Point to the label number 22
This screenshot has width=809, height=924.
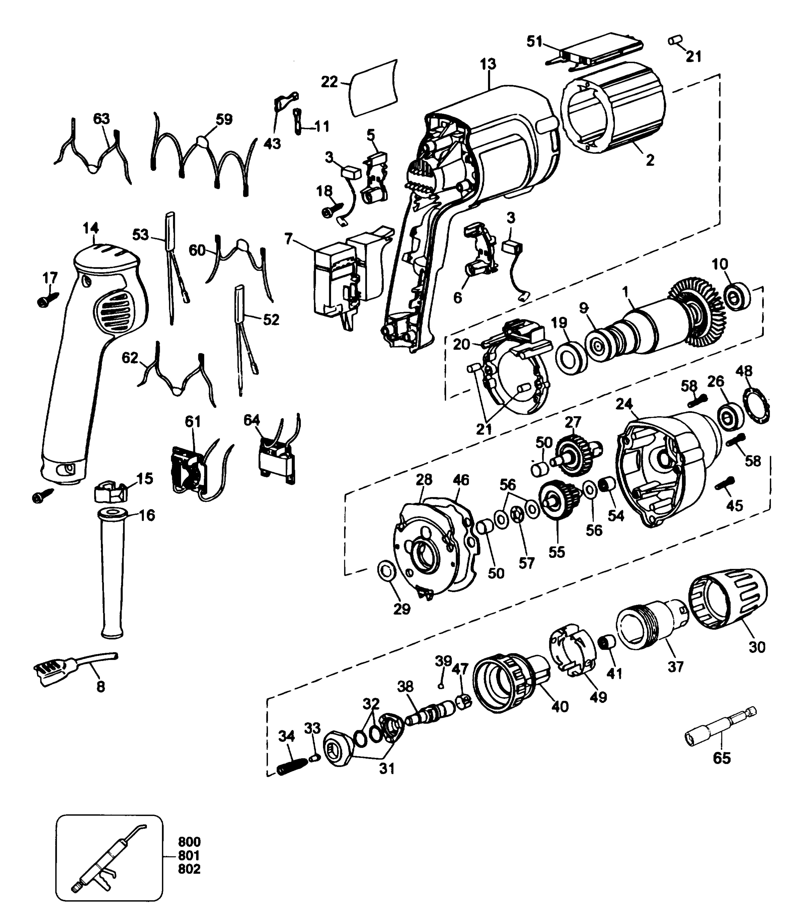click(329, 82)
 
